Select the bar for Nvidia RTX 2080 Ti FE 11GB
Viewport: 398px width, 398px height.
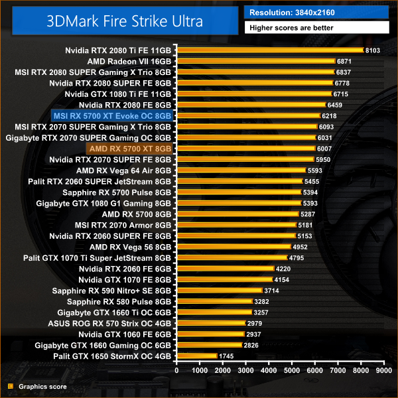tap(269, 50)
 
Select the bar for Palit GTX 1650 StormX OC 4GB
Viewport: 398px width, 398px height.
tap(196, 356)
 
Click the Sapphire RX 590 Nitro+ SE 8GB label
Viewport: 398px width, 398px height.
tap(119, 291)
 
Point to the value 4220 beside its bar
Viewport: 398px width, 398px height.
tap(285, 269)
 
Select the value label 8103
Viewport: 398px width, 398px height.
tap(373, 50)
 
